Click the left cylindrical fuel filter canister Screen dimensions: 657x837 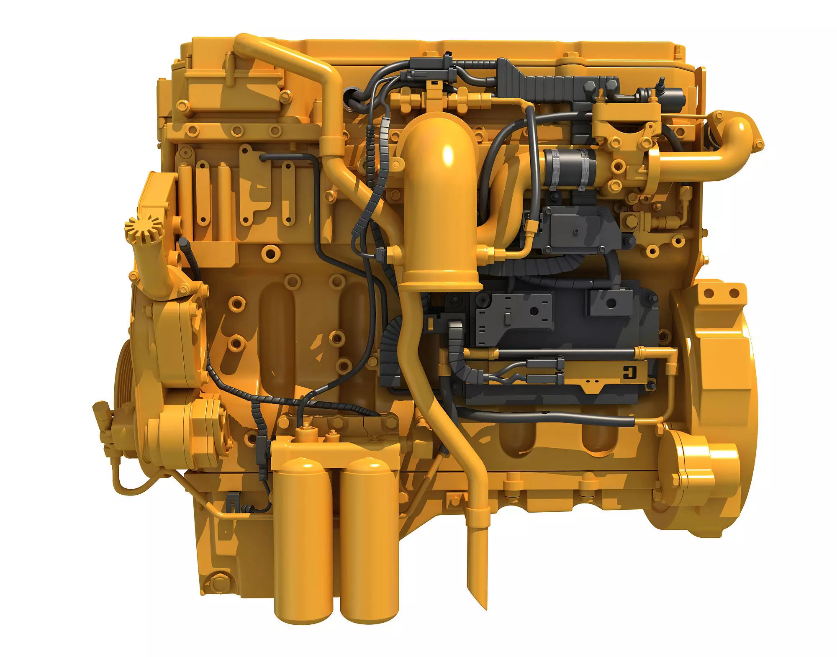coord(303,540)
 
